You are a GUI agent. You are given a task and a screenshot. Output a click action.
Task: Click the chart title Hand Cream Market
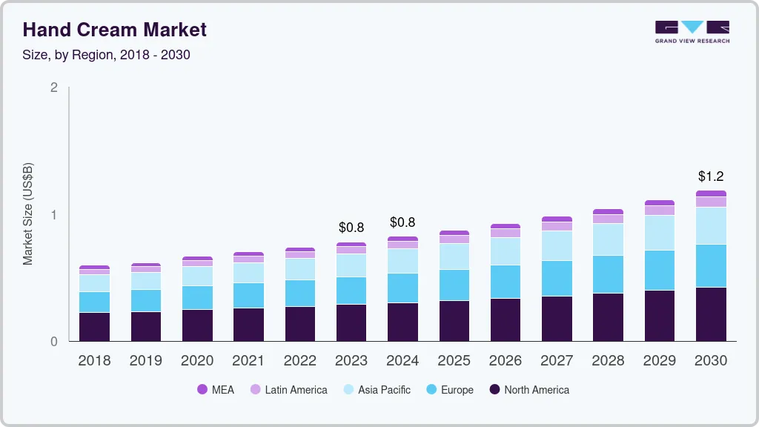coord(115,30)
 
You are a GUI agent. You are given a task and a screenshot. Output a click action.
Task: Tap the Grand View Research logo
coord(692,31)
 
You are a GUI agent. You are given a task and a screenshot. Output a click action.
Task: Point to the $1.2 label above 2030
coord(711,176)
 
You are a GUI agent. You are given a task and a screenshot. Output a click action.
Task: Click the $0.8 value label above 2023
coord(351,228)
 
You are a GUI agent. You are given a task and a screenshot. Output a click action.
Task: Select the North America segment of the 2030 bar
coord(711,314)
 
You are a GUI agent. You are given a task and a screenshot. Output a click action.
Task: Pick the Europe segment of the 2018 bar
coord(94,302)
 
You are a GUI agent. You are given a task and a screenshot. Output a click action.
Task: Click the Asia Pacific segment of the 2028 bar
coord(609,239)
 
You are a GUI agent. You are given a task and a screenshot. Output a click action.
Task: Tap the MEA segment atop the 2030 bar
coord(711,193)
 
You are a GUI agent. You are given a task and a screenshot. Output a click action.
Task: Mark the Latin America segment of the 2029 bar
coord(660,211)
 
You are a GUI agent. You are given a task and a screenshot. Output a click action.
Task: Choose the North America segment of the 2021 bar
coord(248,325)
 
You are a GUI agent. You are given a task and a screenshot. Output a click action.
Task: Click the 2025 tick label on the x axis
coord(454,361)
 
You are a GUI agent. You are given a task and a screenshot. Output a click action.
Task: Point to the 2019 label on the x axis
coord(146,361)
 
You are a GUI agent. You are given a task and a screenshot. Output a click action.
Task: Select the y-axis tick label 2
coord(54,87)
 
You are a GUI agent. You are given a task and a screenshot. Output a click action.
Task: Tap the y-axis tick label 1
coord(54,215)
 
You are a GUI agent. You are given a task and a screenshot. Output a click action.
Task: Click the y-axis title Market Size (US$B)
coord(28,213)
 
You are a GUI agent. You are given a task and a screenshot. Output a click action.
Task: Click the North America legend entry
coord(528,390)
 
